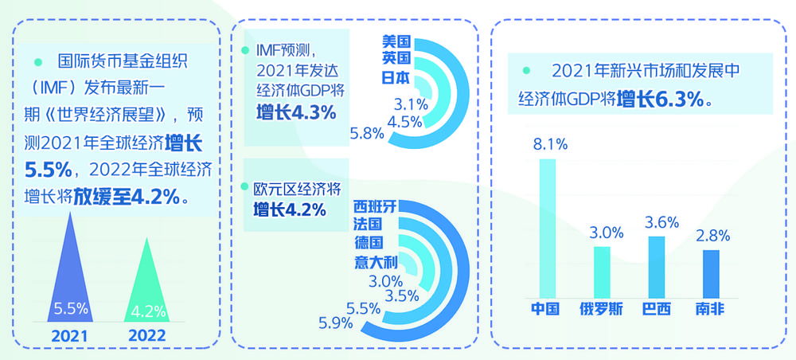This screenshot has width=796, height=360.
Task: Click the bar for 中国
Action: coord(548,228)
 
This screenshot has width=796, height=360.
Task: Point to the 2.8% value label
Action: coord(712,236)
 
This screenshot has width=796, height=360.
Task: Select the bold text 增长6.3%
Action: coord(663,99)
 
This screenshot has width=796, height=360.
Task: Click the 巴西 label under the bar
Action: coord(656,309)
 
